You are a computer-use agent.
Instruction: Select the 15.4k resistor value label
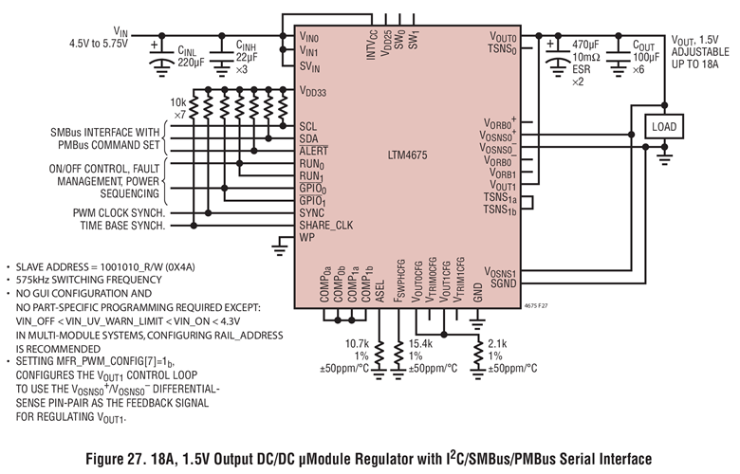[x=420, y=343]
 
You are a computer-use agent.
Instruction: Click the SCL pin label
[x=308, y=125]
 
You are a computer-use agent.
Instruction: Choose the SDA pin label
[x=309, y=138]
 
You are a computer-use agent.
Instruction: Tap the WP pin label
[x=306, y=238]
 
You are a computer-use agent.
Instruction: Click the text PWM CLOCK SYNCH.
[x=118, y=213]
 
